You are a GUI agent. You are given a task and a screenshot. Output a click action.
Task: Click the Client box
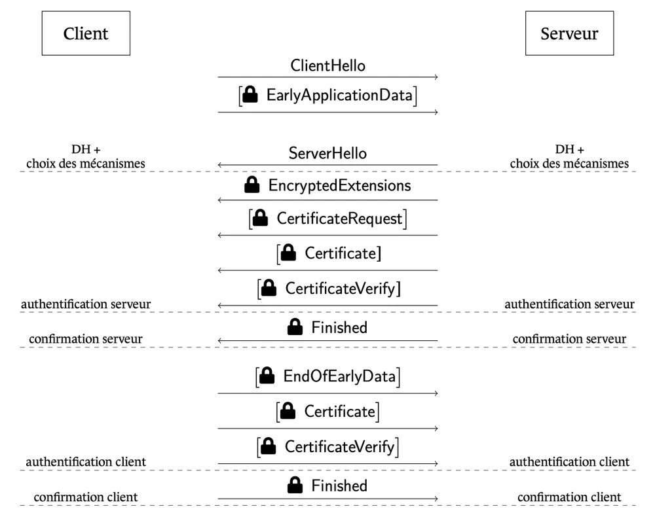(x=86, y=33)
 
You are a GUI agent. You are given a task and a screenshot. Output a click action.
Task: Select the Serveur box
(x=569, y=33)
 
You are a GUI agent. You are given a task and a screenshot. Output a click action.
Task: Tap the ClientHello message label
(x=327, y=65)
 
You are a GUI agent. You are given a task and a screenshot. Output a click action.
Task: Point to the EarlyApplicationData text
(x=339, y=96)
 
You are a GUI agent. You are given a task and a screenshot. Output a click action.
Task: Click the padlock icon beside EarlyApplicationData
(x=250, y=96)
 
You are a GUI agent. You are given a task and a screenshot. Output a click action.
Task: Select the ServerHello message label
(x=327, y=153)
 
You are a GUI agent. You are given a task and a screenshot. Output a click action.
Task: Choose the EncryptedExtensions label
(x=339, y=185)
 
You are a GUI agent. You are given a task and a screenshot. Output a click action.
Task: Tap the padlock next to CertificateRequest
(x=260, y=219)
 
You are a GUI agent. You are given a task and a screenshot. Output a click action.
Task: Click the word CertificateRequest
(x=339, y=219)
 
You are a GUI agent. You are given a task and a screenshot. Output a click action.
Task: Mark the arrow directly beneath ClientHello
(x=327, y=78)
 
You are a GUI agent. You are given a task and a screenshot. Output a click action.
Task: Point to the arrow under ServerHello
(x=327, y=166)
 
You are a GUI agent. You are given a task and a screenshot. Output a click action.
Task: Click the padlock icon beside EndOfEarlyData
(x=266, y=377)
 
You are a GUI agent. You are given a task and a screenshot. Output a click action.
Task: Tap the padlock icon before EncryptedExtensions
(x=252, y=186)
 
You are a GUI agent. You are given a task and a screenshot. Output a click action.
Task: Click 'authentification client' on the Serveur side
(x=569, y=462)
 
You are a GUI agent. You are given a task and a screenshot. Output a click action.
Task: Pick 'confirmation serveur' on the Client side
(x=86, y=339)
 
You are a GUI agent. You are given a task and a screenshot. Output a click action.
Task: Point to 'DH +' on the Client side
(x=86, y=150)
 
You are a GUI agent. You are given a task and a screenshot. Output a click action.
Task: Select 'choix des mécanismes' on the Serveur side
(x=569, y=163)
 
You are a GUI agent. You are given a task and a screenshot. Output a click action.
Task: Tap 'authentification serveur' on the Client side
(x=86, y=304)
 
